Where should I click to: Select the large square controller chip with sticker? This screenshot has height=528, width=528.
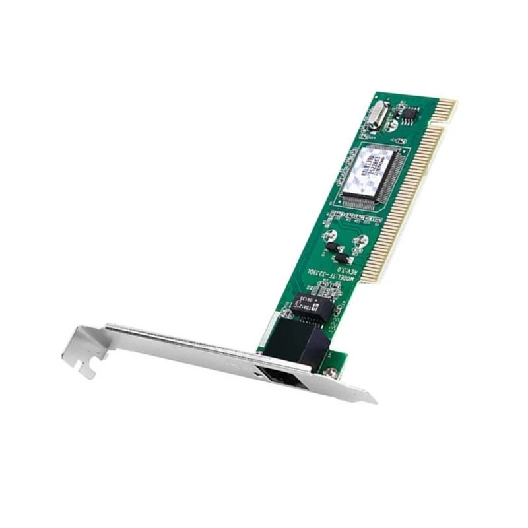point(374,174)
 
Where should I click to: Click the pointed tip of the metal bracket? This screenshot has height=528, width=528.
point(374,400)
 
